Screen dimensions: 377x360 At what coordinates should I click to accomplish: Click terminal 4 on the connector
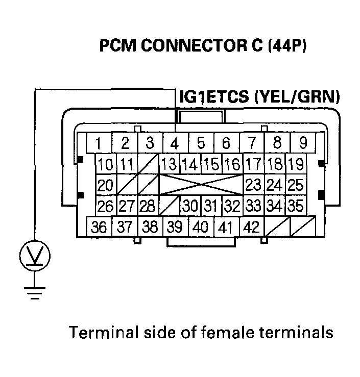pyautogui.click(x=175, y=143)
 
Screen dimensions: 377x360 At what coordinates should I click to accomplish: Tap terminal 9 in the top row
pyautogui.click(x=302, y=143)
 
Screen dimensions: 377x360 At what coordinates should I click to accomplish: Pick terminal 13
pyautogui.click(x=169, y=164)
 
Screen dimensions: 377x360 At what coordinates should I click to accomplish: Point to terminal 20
pyautogui.click(x=106, y=185)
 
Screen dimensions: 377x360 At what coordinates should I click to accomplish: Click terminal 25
pyautogui.click(x=295, y=185)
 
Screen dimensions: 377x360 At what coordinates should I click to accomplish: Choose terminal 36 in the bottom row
pyautogui.click(x=100, y=227)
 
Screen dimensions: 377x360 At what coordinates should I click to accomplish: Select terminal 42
pyautogui.click(x=251, y=227)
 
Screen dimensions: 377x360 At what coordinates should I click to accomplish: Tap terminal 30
pyautogui.click(x=190, y=206)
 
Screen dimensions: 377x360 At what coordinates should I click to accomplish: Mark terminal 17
pyautogui.click(x=253, y=164)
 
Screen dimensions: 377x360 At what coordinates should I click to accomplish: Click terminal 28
pyautogui.click(x=148, y=206)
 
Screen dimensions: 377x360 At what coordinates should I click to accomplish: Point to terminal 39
pyautogui.click(x=175, y=227)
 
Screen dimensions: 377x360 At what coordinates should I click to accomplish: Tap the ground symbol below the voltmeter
pyautogui.click(x=34, y=293)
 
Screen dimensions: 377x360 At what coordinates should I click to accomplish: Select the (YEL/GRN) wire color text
pyautogui.click(x=296, y=97)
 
